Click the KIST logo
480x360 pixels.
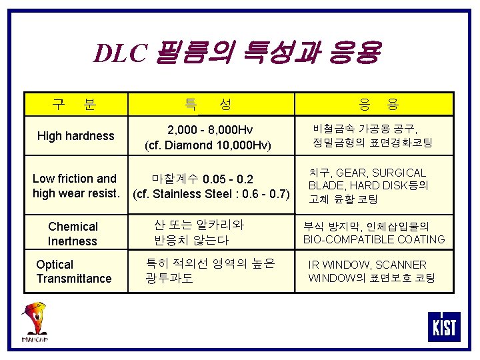[444, 326]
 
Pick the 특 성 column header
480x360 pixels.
[207, 104]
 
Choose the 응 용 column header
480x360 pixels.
[378, 104]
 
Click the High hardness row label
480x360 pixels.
[76, 136]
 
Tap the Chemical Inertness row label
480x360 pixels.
[73, 234]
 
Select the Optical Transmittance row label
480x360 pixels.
[73, 271]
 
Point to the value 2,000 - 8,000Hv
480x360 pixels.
[210, 129]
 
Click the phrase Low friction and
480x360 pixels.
[75, 179]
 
